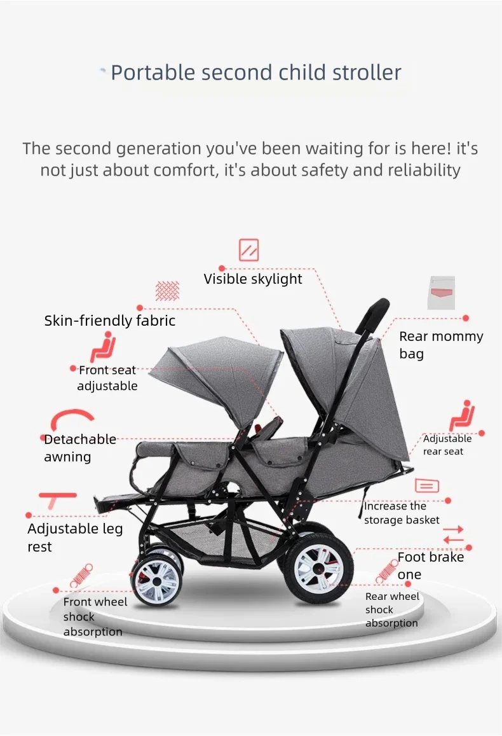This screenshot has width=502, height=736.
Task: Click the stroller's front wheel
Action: coord(157,581)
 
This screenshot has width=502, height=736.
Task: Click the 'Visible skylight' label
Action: coord(253,279)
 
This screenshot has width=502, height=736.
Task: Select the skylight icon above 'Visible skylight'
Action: coord(249,250)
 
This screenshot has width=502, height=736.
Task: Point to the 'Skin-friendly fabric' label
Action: coord(110,321)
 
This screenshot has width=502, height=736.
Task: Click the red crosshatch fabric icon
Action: coord(167,291)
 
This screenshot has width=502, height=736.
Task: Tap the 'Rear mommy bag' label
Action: coord(441,345)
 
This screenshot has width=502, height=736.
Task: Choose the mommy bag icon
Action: coord(441,293)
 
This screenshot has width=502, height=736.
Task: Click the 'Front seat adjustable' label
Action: coord(107,378)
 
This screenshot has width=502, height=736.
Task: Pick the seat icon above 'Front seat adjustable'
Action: coord(104,347)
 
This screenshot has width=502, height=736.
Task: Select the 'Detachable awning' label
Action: coord(80,448)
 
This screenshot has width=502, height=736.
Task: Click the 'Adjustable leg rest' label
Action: coord(75,538)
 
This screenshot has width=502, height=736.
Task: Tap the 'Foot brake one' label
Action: coord(431,565)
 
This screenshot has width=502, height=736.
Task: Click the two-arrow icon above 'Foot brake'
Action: coord(453,534)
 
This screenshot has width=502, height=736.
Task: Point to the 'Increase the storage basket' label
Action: coord(402,513)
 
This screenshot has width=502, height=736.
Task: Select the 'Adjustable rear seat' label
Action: coord(447,445)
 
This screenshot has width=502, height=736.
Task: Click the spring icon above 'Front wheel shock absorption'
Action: coord(81,576)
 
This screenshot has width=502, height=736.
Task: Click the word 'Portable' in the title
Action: coord(153,73)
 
